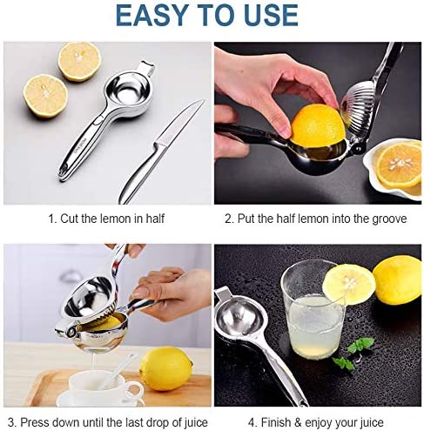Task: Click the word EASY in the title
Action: tap(151, 16)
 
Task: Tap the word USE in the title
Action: tap(271, 16)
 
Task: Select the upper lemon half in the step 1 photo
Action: tap(79, 62)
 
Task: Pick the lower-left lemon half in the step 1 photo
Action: tap(45, 96)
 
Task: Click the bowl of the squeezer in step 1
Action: tap(127, 94)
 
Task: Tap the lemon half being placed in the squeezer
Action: tap(318, 125)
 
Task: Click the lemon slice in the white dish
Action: tap(400, 165)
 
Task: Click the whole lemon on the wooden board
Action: tap(165, 368)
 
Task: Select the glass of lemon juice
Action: tap(313, 309)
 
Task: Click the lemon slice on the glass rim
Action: tap(349, 285)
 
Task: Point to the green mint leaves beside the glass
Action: tap(353, 354)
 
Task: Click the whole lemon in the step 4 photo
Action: tap(398, 280)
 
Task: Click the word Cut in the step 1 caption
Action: tap(70, 219)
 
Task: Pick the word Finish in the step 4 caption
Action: tap(276, 422)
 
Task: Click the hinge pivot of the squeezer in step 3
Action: tap(71, 333)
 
